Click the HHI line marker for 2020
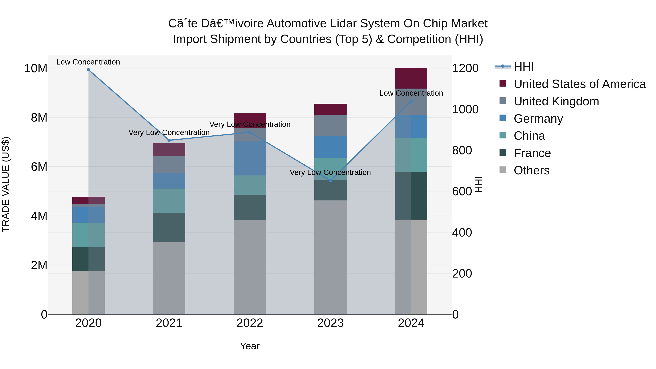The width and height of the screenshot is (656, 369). pos(88,70)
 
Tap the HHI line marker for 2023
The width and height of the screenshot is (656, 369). pos(330,181)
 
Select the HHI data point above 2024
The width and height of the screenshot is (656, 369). pos(411,101)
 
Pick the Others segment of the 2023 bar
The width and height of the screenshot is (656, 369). pos(330,257)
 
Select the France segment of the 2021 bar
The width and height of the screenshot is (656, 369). pos(169,227)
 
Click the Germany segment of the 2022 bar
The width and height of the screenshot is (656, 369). pos(250,158)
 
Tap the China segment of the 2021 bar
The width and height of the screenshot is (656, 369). pos(169,201)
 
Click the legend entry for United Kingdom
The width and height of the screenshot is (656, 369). pos(556,101)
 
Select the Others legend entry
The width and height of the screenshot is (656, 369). pos(532,170)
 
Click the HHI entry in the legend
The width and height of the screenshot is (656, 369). pos(523,67)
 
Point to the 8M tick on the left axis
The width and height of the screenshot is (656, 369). pos(39,118)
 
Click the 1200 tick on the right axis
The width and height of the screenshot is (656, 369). pos(465,68)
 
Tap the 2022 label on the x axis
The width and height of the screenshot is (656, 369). pos(250,323)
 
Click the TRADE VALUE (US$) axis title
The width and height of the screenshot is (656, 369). pos(6,184)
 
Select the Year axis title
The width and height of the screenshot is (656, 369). pos(250,346)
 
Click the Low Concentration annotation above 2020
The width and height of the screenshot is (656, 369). pos(88,62)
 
